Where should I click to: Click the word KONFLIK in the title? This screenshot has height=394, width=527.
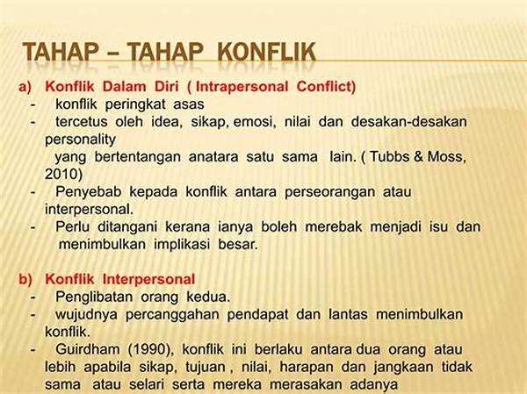[x=267, y=52]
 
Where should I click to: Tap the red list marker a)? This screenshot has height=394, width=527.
[x=25, y=87]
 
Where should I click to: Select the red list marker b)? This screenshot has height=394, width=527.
[x=25, y=279]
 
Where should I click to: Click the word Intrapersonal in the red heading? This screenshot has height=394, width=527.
[x=242, y=87]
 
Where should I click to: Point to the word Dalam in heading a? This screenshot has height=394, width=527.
[x=124, y=86]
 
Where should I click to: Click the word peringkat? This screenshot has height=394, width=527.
[x=135, y=104]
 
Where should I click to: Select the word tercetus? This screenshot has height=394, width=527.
[x=81, y=121]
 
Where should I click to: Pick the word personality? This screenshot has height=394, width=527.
[x=80, y=140]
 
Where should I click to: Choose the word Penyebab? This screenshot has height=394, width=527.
[x=88, y=192]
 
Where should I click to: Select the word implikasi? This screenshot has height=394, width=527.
[x=182, y=244]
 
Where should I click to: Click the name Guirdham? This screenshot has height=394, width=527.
[x=87, y=349]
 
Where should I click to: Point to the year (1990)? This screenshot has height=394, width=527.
[x=151, y=349]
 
